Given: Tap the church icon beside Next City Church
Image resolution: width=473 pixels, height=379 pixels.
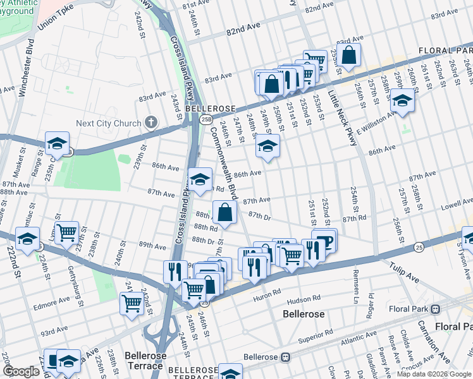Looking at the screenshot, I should coord(150,123).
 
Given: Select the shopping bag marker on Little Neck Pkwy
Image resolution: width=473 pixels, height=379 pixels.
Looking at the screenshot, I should coord(348,56).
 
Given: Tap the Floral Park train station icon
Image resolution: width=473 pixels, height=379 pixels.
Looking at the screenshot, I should coord(435,310).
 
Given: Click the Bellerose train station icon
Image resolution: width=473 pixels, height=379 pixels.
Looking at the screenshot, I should coord(285,357).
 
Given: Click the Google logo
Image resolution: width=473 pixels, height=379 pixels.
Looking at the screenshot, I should coord(21,371).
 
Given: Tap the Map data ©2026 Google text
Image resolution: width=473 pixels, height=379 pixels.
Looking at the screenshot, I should coord(433,374).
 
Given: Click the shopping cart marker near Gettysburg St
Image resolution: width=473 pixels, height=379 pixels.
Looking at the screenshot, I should coord(66,233).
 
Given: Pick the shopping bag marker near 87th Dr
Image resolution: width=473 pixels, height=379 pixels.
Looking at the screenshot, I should coord(224,213).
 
